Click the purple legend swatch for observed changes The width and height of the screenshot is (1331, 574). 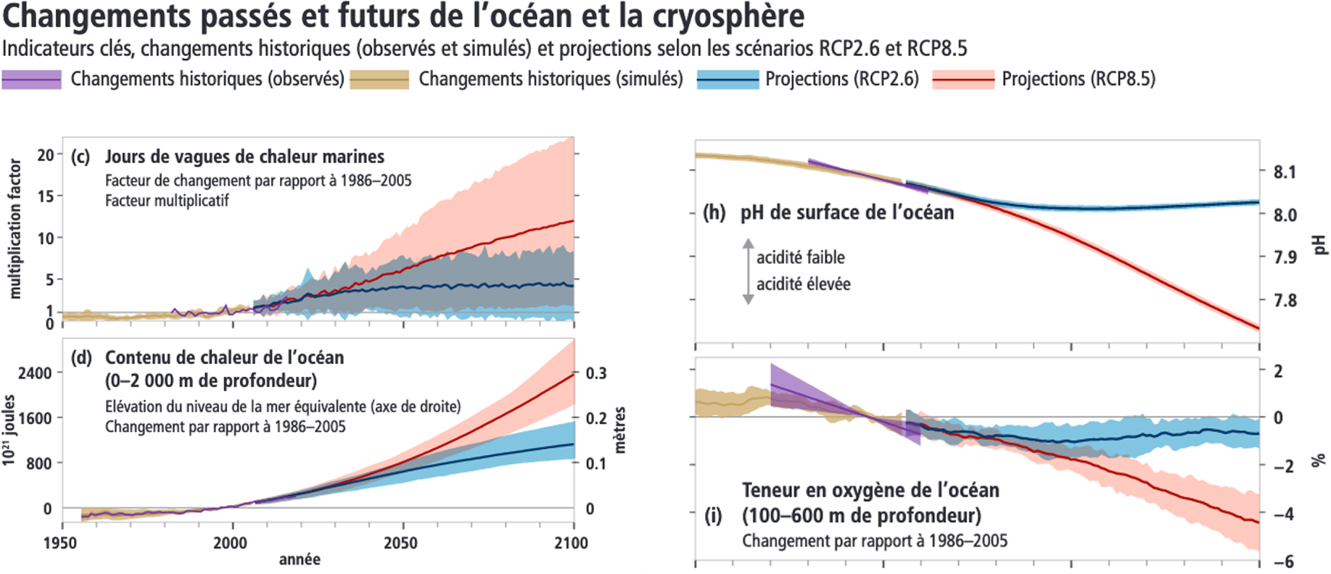(31, 79)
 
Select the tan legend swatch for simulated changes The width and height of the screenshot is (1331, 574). (379, 79)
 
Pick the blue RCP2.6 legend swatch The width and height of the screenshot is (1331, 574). (727, 79)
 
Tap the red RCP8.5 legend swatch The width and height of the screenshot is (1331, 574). (963, 79)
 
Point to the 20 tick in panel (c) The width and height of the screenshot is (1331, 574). (45, 155)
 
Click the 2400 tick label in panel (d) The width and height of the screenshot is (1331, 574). (35, 373)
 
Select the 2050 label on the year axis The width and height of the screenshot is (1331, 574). (400, 543)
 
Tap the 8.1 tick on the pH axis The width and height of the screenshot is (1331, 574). (1285, 172)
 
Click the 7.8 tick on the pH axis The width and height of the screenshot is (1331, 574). (1285, 300)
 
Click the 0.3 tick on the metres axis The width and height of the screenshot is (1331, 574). (596, 373)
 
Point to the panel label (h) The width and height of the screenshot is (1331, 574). (714, 213)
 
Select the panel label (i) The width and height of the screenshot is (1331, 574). (713, 516)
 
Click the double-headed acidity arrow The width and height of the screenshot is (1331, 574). (748, 271)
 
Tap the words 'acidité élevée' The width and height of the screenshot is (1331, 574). (803, 284)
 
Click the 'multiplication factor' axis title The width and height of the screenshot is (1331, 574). (15, 229)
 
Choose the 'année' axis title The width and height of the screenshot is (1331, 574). (300, 560)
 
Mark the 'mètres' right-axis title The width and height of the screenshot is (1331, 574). (620, 430)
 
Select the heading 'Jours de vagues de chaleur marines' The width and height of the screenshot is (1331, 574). (244, 157)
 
